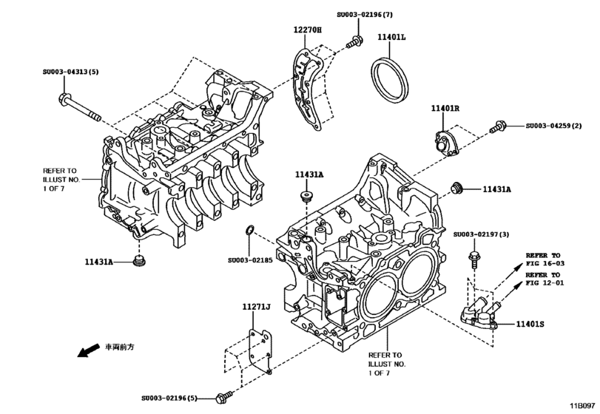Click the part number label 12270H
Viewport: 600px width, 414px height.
pyautogui.click(x=309, y=30)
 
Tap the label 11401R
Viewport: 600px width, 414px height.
pyautogui.click(x=446, y=108)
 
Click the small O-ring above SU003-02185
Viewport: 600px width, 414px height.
pyautogui.click(x=251, y=231)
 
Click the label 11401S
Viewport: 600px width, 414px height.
pyautogui.click(x=531, y=323)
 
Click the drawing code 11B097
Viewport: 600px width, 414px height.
pyautogui.click(x=582, y=404)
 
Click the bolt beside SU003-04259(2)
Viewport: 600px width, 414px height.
pyautogui.click(x=498, y=129)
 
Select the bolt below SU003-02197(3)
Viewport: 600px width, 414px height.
pyautogui.click(x=473, y=261)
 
